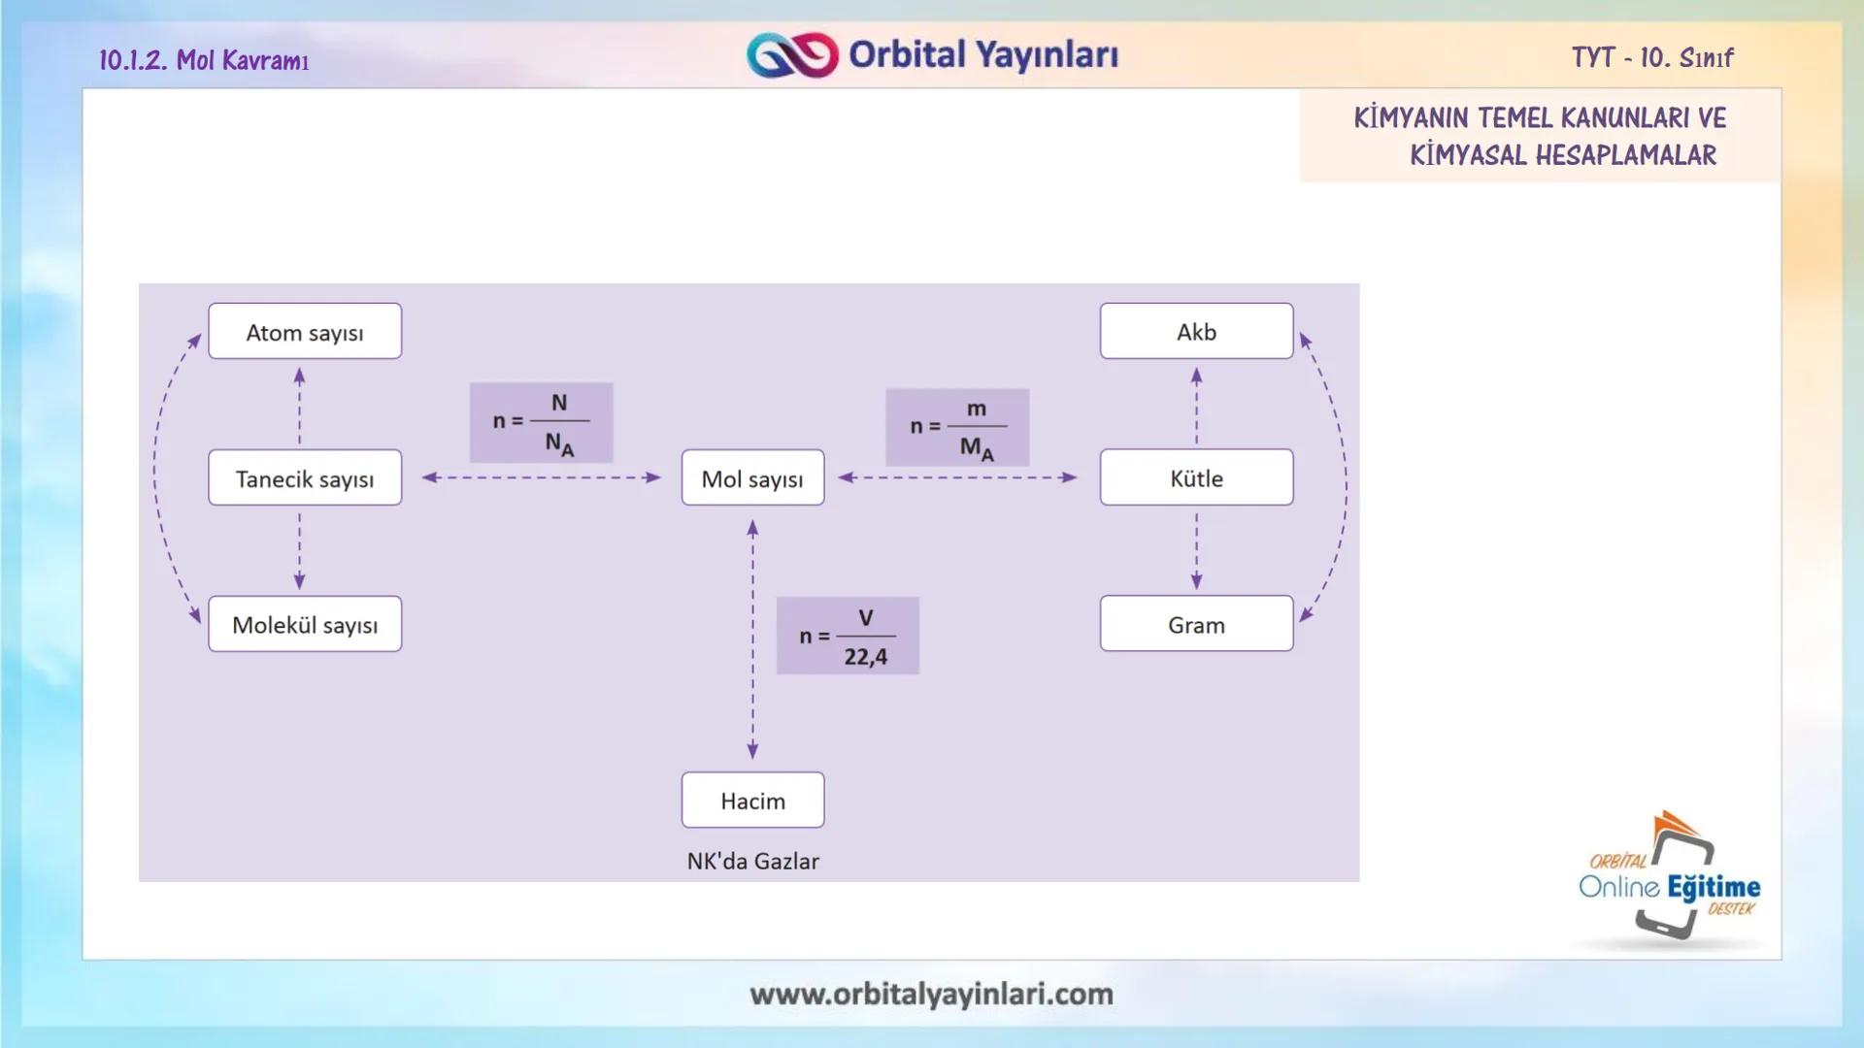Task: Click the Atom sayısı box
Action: pos(305,332)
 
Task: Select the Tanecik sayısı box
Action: pos(305,477)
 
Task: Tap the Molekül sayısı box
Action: pos(305,624)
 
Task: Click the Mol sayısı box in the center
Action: pos(752,477)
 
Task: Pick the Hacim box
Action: pos(752,801)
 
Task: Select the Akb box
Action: pos(1196,332)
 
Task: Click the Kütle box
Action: pos(1196,477)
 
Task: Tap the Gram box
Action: pos(1196,624)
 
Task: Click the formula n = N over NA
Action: pos(541,423)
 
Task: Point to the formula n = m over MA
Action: pos(957,428)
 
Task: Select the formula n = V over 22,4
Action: pos(848,637)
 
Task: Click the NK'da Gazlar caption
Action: pos(752,861)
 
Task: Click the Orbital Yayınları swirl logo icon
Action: pos(792,55)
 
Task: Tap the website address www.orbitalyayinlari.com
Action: pos(931,994)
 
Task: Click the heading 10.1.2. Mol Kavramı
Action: pos(204,60)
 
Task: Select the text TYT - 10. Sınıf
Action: pos(1652,58)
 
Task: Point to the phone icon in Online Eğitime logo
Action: pos(1678,885)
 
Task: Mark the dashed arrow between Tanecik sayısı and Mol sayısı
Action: pos(541,477)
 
